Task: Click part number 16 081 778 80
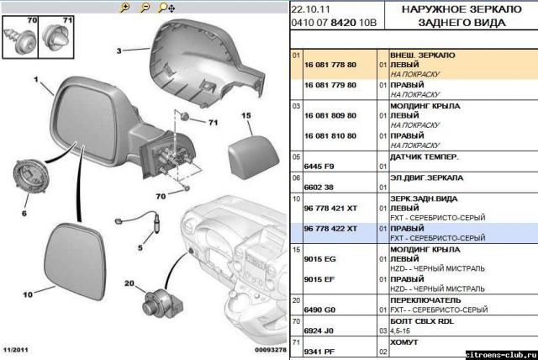click(x=330, y=65)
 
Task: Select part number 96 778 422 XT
click(x=330, y=229)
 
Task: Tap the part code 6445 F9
click(x=319, y=167)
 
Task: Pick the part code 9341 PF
click(x=319, y=352)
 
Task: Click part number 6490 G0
click(x=319, y=310)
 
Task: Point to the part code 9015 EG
click(x=319, y=259)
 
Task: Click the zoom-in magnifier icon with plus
click(x=125, y=8)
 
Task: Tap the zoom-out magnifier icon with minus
click(x=145, y=8)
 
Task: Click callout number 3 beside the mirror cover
click(x=119, y=50)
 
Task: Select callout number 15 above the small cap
click(x=246, y=115)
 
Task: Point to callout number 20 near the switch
click(x=129, y=283)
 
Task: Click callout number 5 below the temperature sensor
click(x=140, y=247)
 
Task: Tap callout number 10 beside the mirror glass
click(x=28, y=294)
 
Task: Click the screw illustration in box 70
click(x=20, y=41)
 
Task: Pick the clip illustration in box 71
click(x=55, y=38)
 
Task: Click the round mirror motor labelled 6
click(x=30, y=176)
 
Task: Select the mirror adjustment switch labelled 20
click(x=162, y=304)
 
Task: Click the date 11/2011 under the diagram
click(x=16, y=350)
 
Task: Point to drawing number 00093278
click(x=271, y=350)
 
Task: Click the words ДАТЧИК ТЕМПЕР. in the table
click(x=424, y=156)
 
